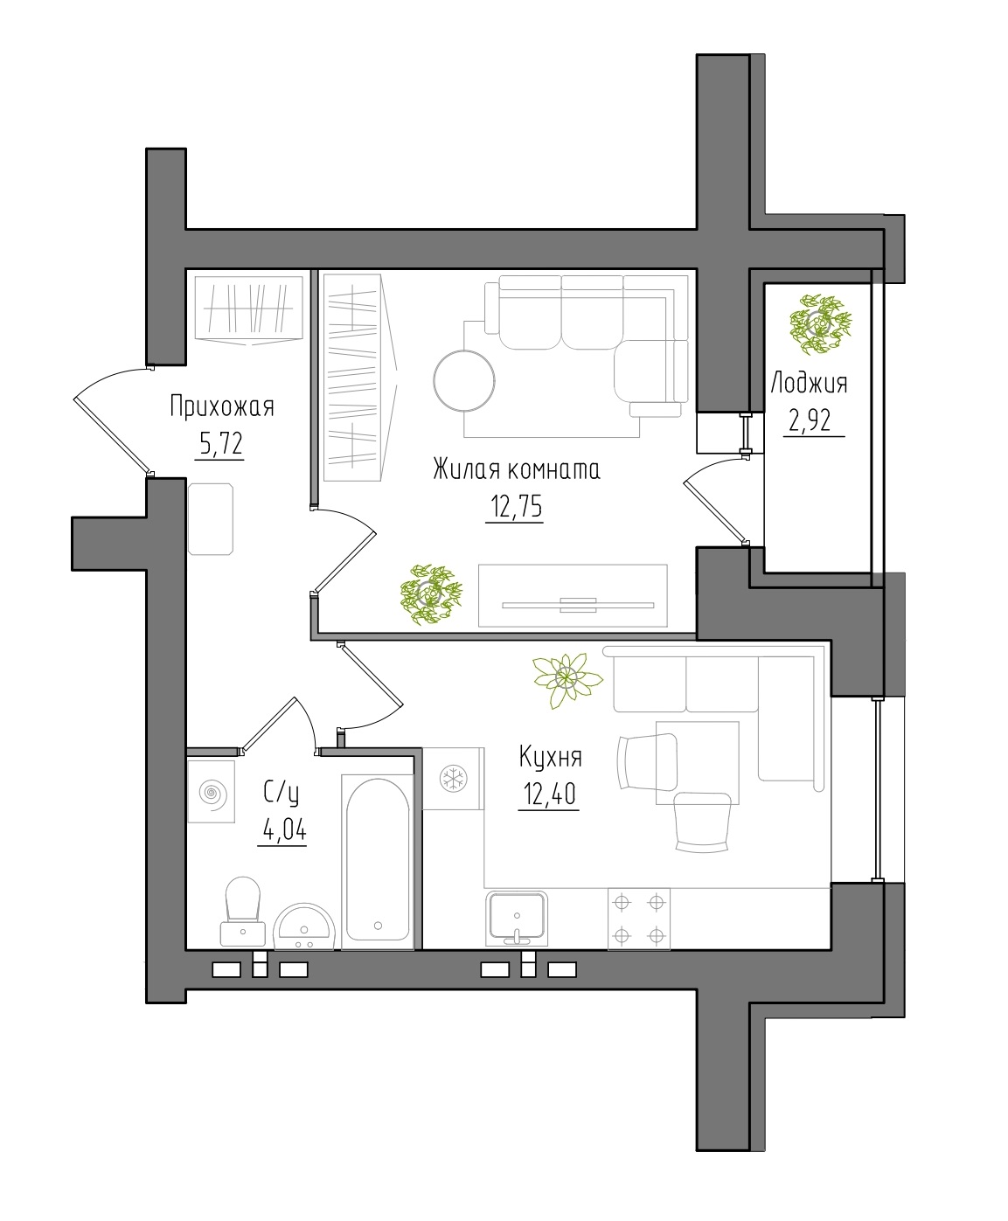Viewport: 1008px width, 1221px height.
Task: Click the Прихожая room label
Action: [x=222, y=406]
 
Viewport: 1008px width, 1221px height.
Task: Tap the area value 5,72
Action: [x=220, y=444]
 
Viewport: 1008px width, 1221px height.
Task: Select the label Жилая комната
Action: [x=517, y=469]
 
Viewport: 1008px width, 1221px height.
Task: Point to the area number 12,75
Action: [x=516, y=506]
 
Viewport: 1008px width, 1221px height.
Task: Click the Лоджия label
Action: [x=809, y=383]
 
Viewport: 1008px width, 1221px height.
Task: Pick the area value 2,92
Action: [x=810, y=420]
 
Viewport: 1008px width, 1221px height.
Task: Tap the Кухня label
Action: [x=550, y=757]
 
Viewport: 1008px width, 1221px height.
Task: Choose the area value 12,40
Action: [x=549, y=794]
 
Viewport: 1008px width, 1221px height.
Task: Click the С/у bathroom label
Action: [x=281, y=794]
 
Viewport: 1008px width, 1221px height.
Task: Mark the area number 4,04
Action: [x=284, y=829]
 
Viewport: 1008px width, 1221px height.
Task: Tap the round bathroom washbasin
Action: [x=304, y=926]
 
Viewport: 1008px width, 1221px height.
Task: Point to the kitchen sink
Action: [x=517, y=918]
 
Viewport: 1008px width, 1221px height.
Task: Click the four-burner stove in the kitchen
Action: [x=639, y=919]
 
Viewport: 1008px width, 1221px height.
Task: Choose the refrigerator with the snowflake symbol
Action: [x=454, y=779]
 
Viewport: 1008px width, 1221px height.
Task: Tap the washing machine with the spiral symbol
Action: [x=212, y=792]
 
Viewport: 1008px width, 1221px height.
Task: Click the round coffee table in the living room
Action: [x=464, y=381]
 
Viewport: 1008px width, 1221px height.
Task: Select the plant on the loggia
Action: [x=820, y=324]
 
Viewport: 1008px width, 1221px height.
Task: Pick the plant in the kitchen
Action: [x=567, y=679]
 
